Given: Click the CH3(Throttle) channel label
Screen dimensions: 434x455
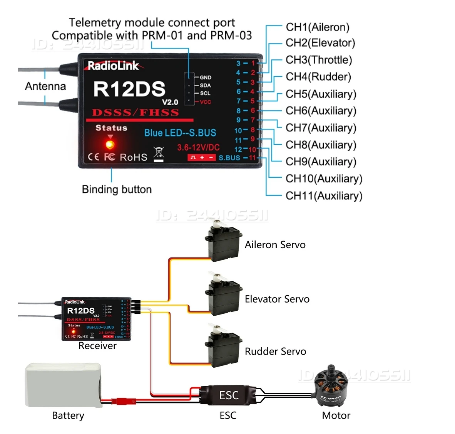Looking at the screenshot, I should (x=318, y=60).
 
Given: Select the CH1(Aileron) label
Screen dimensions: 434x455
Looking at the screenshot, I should (x=317, y=27).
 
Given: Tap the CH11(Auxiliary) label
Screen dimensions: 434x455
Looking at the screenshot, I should (x=324, y=196).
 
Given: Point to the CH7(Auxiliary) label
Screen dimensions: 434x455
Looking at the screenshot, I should (x=321, y=128).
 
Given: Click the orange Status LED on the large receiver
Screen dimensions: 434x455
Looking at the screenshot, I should (x=110, y=145).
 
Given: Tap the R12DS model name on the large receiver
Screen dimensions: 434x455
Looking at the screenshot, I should (x=129, y=89).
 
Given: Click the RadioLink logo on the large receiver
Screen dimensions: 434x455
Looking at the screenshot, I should (x=113, y=66).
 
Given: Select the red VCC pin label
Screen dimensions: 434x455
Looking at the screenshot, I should (x=205, y=102).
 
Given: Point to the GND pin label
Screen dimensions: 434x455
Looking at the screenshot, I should (x=205, y=77).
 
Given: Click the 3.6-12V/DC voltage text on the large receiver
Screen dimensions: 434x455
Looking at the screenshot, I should (x=198, y=147).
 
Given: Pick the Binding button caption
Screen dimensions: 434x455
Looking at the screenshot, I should (x=117, y=189).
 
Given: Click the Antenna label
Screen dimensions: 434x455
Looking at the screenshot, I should (x=45, y=86).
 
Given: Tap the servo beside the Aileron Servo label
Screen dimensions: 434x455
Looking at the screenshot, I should (x=222, y=241).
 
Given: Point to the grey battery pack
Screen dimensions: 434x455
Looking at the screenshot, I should (x=64, y=385).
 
